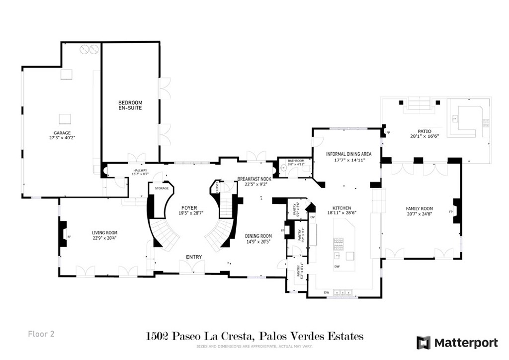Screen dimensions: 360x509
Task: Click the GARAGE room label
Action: tap(62, 133)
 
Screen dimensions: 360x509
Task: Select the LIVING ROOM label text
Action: tap(104, 232)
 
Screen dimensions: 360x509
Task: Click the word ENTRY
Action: tap(194, 257)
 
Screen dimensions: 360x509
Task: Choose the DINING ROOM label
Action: tap(258, 236)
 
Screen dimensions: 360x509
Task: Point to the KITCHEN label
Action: tap(342, 208)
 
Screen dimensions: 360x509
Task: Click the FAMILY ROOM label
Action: tap(420, 209)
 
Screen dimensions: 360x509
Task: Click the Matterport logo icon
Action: tap(424, 343)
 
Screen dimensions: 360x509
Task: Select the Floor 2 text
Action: tap(41, 334)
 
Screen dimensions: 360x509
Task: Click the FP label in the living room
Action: tap(69, 237)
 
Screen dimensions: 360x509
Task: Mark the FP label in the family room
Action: tap(451, 212)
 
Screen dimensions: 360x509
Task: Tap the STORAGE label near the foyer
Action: tap(162, 188)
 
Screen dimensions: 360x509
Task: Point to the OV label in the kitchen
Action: tap(312, 217)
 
